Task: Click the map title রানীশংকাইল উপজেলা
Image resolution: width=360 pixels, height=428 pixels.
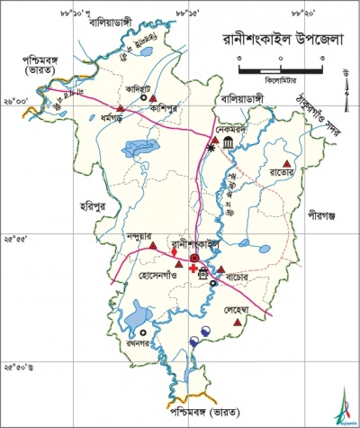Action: click(280, 40)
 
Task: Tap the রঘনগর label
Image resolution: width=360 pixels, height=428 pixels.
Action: click(139, 345)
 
